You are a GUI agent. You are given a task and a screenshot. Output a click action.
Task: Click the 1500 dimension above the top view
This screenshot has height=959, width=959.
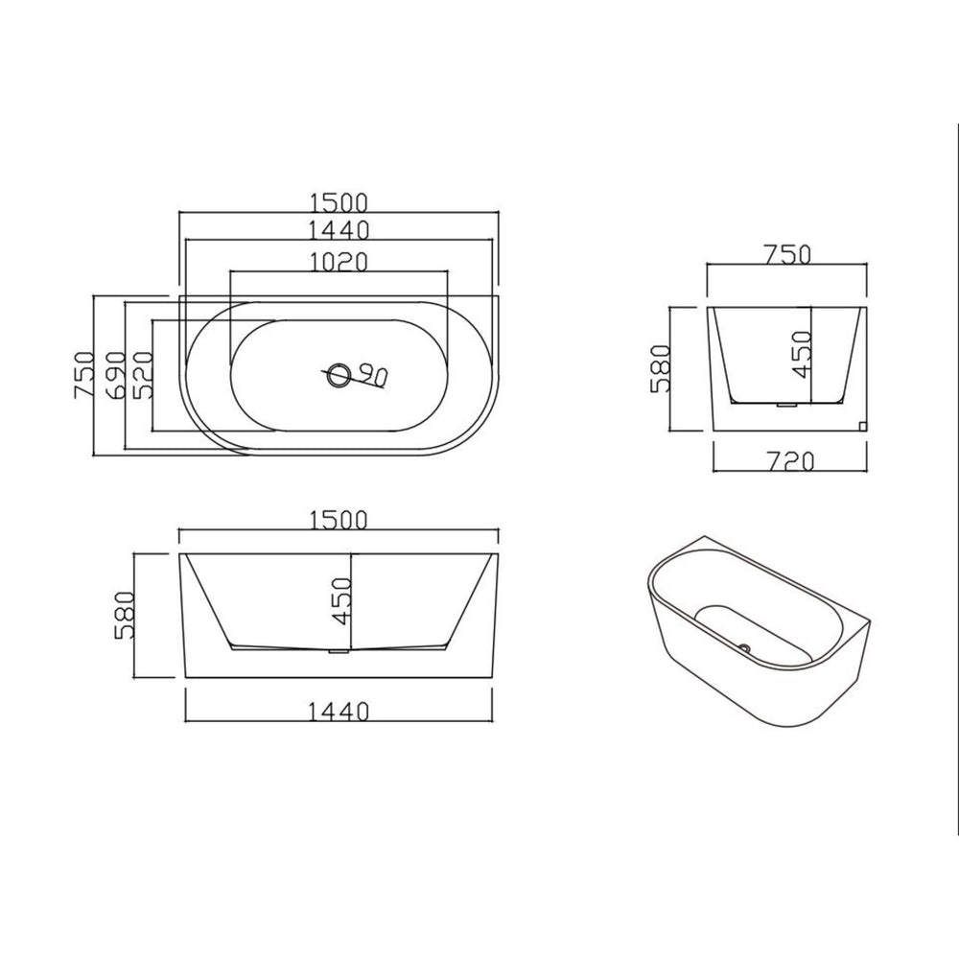tap(339, 201)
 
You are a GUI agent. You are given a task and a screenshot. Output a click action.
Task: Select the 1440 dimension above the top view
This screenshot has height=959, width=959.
tap(339, 230)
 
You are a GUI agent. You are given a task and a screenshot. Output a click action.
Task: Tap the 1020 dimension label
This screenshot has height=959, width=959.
tap(339, 262)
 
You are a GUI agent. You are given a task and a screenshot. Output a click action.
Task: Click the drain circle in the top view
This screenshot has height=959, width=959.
tap(339, 375)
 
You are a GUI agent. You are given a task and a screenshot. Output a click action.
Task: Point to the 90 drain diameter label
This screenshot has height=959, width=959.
tap(373, 375)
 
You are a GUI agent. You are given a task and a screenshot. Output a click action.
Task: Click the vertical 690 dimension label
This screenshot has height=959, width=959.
tap(115, 375)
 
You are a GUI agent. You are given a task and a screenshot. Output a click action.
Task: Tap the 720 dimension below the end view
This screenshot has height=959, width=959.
tap(791, 462)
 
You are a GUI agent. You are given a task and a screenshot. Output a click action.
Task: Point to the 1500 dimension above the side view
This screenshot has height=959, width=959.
tap(339, 520)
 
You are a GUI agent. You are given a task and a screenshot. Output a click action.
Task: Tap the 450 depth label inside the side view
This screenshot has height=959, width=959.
tap(340, 601)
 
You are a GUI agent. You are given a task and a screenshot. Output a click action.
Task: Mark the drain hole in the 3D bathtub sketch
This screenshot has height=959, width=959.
tap(743, 646)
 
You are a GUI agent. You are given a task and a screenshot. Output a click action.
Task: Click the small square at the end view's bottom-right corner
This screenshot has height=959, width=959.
tap(861, 424)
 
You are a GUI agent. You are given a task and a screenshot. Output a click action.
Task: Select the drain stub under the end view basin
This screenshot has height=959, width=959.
tap(786, 407)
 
